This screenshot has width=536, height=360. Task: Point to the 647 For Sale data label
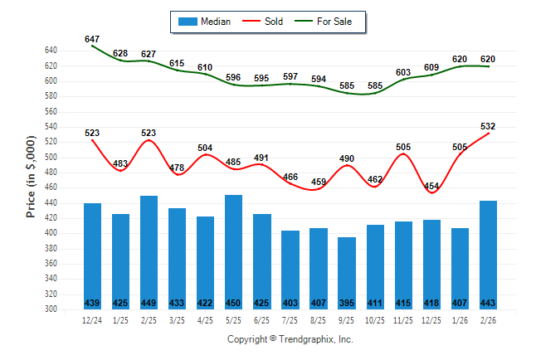92,39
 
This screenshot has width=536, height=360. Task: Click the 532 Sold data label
489,126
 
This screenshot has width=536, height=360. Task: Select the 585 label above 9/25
347,85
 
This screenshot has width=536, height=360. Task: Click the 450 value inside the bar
234,303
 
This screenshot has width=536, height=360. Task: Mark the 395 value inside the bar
347,303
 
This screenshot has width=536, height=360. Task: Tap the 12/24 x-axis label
92,319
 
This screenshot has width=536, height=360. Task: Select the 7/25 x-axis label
290,319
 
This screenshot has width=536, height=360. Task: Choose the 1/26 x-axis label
460,319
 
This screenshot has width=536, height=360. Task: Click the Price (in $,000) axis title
31,179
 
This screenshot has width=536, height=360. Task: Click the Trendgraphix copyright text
290,339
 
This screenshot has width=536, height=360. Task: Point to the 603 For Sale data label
403,73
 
